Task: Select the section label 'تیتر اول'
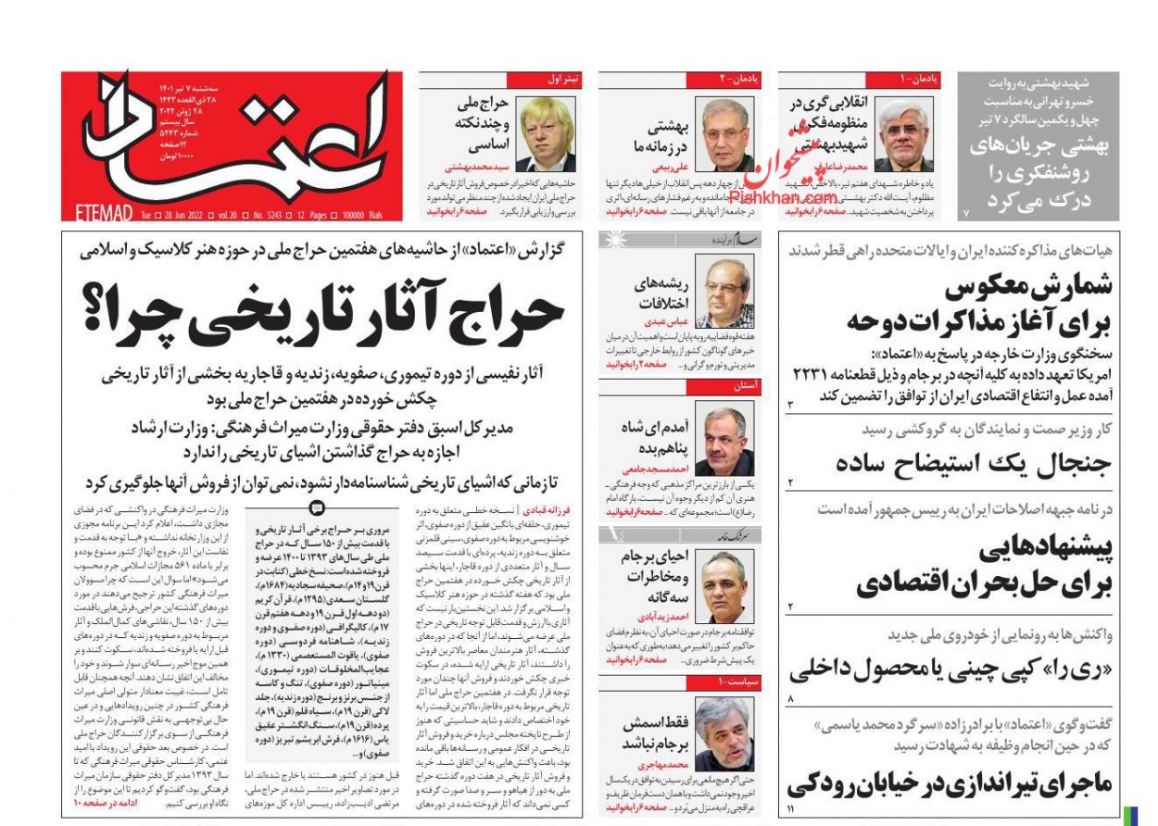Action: click(x=562, y=81)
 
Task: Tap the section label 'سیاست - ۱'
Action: click(x=736, y=682)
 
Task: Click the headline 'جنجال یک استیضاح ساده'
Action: click(x=960, y=462)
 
